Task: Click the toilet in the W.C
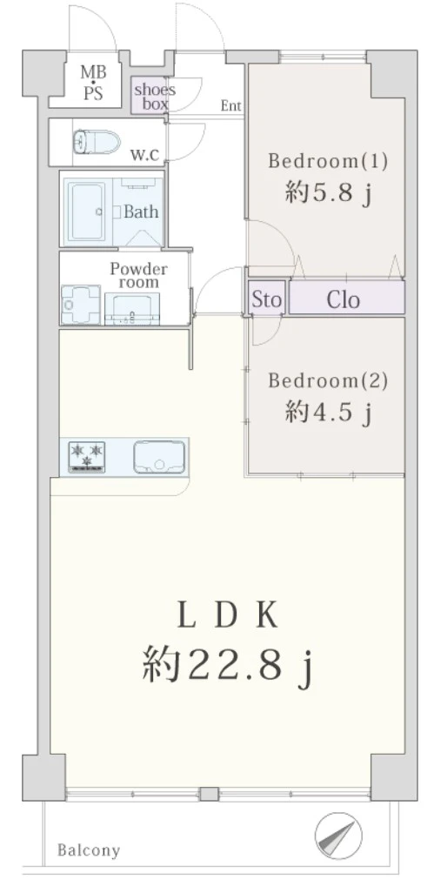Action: point(97,142)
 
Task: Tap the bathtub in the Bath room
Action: point(88,212)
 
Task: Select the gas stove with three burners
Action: point(87,456)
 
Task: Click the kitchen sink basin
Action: point(159,457)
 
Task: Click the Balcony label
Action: point(89,850)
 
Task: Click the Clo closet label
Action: point(344,300)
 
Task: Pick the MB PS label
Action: point(93,83)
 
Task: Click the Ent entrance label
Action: point(230,105)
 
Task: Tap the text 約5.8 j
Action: point(329,194)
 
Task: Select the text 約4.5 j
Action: point(329,413)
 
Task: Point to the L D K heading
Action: point(228,617)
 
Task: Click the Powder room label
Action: point(138,274)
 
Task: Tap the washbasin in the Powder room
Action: point(133,310)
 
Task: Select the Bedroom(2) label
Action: point(328,380)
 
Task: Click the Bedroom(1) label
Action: point(328,161)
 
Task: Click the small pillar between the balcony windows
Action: point(209,794)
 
